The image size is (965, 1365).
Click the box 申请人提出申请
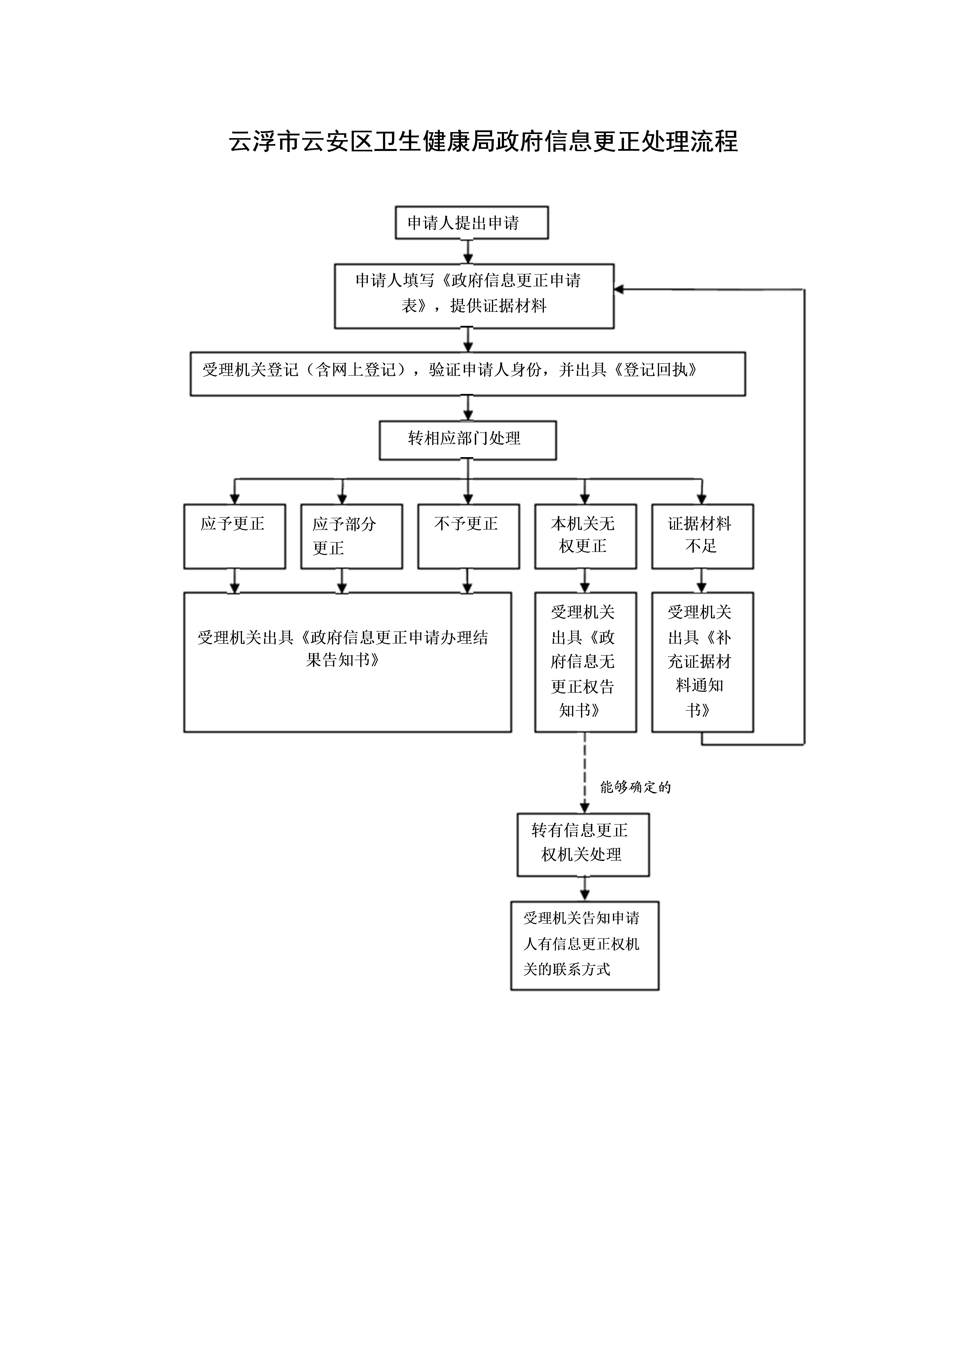click(472, 223)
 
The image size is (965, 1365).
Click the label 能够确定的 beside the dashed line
click(635, 787)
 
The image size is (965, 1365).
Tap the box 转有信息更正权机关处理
click(583, 845)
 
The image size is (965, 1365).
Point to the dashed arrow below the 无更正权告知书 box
click(585, 773)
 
